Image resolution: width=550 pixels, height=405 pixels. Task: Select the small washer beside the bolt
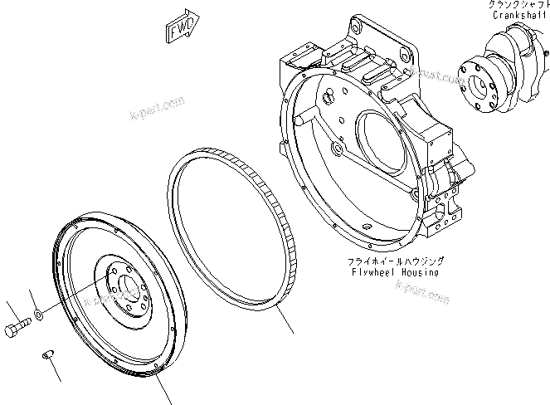(39, 315)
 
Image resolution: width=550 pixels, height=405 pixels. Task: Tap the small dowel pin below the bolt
(48, 356)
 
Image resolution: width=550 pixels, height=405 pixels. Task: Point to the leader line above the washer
(32, 299)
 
